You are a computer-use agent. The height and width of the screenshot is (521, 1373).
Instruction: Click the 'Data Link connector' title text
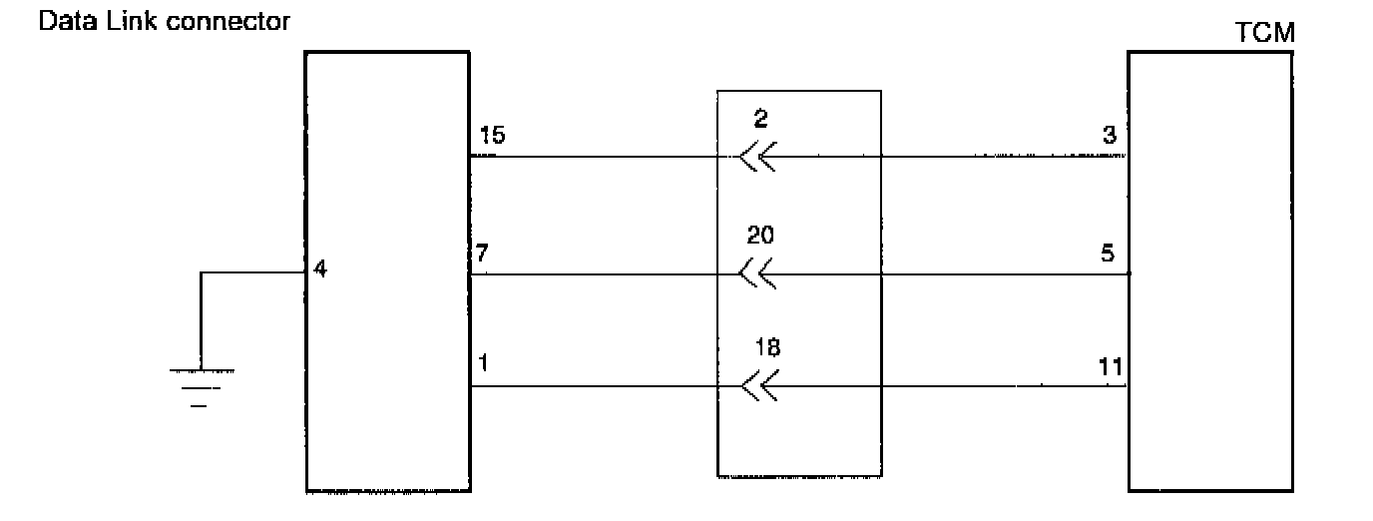click(x=164, y=20)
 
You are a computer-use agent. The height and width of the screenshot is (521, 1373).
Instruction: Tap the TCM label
click(x=1264, y=33)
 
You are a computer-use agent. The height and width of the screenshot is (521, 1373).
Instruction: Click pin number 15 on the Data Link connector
click(x=491, y=136)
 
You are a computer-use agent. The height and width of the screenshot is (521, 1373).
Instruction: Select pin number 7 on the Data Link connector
click(x=483, y=254)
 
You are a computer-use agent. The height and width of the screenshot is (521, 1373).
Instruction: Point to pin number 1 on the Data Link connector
click(x=483, y=364)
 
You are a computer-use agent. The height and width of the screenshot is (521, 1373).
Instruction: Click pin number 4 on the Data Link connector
click(x=319, y=268)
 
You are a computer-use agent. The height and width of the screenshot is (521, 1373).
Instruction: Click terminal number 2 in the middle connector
click(x=762, y=119)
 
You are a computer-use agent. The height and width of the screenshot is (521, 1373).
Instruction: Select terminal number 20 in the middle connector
click(x=760, y=236)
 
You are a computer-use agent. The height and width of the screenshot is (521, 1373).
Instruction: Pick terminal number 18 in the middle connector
click(x=768, y=347)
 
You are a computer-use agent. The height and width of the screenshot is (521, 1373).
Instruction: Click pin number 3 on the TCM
click(x=1110, y=136)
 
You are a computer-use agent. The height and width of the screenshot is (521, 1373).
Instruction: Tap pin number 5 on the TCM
click(x=1108, y=254)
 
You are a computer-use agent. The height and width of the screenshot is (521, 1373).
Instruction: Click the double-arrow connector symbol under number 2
click(x=759, y=157)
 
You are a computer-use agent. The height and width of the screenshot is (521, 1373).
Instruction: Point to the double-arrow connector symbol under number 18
click(x=761, y=387)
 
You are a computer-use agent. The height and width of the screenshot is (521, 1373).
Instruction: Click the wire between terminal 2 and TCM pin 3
click(x=948, y=157)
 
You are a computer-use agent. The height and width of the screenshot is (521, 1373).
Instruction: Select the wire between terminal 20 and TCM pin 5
click(x=948, y=272)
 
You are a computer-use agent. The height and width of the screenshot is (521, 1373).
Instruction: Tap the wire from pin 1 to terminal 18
click(x=599, y=387)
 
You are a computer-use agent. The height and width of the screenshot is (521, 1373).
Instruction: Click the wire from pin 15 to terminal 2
click(x=599, y=157)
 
